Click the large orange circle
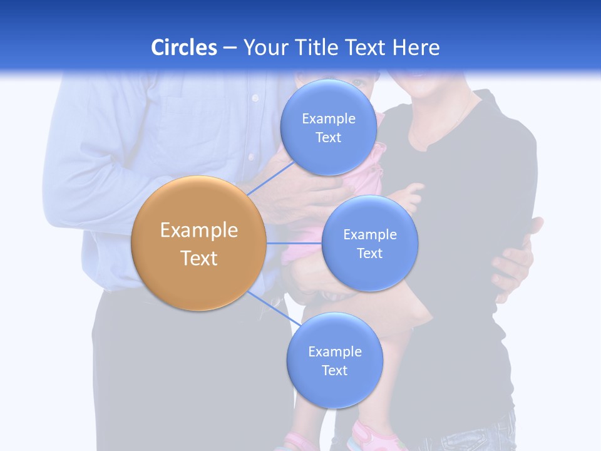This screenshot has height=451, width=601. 198,244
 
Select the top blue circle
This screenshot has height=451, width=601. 328,128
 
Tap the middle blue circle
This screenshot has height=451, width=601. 369,244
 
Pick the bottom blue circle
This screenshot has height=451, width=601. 334,361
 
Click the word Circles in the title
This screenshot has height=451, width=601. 184,48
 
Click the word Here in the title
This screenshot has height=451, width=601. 417,48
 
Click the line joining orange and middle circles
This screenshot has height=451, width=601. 294,243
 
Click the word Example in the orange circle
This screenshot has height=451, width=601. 198,231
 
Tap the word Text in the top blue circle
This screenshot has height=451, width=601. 328,138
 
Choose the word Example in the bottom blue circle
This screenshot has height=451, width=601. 334,351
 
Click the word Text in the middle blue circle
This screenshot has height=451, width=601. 369,254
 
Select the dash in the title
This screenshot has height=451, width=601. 230,48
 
